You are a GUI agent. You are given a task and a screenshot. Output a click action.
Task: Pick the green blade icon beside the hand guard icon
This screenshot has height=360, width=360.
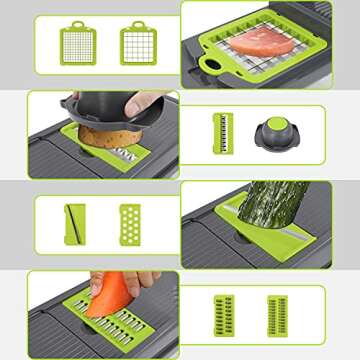[222, 132]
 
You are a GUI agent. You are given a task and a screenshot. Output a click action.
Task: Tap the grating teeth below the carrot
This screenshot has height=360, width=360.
[117, 323]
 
